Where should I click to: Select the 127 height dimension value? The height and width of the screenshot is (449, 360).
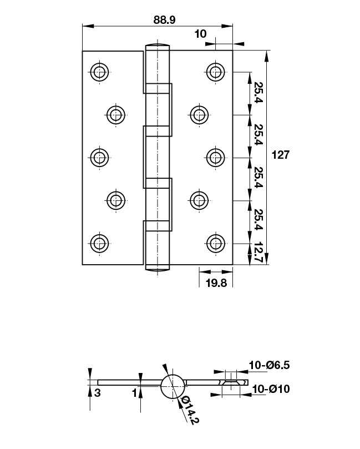coord(281,155)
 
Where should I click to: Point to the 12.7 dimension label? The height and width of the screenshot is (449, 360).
coord(257,252)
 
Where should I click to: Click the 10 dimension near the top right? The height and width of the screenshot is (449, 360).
coord(201,34)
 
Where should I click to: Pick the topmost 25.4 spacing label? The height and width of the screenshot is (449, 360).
coord(257,93)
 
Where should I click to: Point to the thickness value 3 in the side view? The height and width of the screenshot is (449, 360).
coord(98,393)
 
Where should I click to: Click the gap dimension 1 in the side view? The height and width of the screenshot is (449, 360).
coord(134,393)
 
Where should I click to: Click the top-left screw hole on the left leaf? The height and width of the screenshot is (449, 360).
coord(99,72)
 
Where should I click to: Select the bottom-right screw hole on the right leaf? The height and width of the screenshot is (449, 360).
coord(215,243)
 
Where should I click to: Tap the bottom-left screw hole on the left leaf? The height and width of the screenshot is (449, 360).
coord(99,243)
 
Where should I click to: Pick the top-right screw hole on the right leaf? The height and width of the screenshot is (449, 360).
coord(215,72)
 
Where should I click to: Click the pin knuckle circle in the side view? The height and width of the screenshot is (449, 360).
coord(172,385)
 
